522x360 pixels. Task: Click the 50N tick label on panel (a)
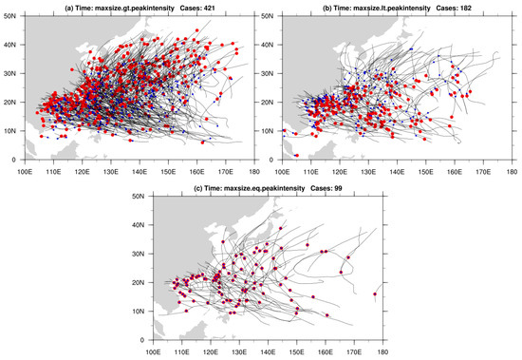coord(10,16)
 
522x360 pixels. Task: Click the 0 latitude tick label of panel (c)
coord(143,340)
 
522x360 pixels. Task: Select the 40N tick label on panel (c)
coord(140,225)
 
